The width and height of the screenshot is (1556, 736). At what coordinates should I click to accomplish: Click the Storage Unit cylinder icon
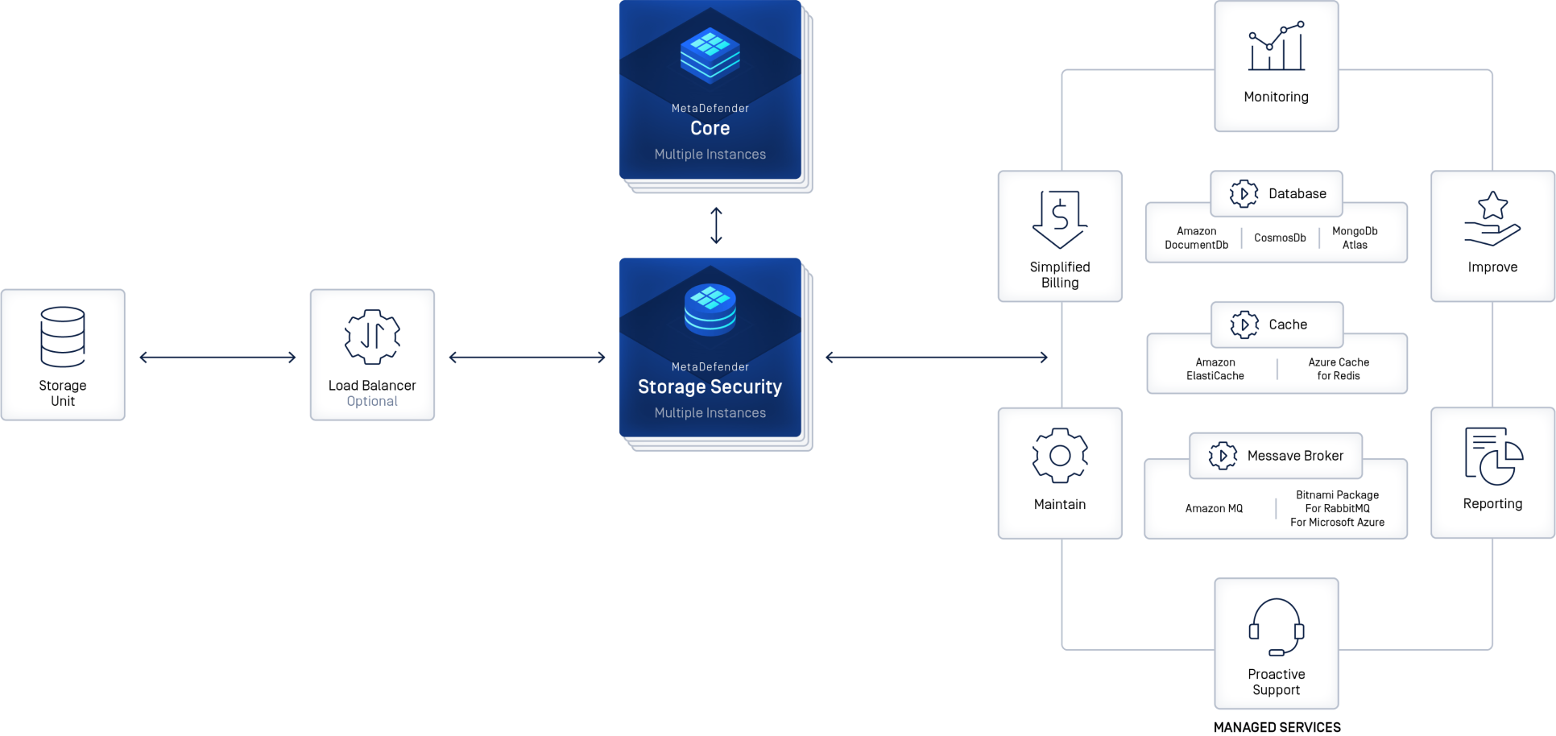tap(63, 337)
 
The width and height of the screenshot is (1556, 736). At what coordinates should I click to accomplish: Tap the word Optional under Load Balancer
tap(372, 401)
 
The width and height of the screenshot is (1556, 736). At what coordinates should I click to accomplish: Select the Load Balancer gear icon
tap(372, 336)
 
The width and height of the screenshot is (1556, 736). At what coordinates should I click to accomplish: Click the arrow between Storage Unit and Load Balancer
tap(217, 358)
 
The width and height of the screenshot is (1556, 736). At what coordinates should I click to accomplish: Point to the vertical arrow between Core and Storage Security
tap(716, 225)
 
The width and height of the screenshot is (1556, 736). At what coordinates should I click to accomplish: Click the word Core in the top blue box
tap(710, 128)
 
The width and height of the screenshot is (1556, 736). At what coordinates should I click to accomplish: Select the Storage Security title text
tap(710, 387)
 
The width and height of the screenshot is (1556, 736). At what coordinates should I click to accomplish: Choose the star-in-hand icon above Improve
tap(1492, 219)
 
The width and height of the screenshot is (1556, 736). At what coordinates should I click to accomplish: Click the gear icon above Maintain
tap(1060, 456)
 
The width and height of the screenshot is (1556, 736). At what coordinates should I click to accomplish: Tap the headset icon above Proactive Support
tap(1277, 627)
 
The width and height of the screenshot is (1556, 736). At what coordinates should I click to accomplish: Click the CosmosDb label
tap(1280, 238)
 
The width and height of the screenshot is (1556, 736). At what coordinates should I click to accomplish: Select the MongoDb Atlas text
tap(1355, 238)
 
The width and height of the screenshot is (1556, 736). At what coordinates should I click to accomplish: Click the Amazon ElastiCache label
tap(1215, 369)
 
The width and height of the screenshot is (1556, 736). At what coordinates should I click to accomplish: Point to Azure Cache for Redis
tap(1338, 369)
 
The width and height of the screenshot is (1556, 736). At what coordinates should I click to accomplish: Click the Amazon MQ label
tap(1214, 508)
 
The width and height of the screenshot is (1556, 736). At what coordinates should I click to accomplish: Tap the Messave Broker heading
tap(1295, 456)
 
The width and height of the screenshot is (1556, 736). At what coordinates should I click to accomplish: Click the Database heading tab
tap(1297, 194)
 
